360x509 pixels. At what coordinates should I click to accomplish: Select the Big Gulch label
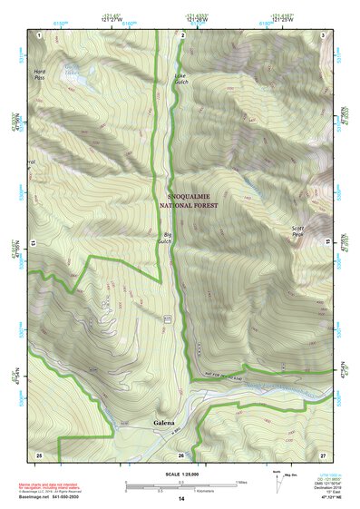tap(164, 239)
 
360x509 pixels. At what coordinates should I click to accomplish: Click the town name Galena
tap(164, 424)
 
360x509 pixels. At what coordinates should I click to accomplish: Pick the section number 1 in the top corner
tap(40, 34)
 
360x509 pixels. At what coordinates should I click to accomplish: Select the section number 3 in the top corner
tap(324, 34)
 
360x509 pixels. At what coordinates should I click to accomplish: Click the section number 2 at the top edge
tap(183, 34)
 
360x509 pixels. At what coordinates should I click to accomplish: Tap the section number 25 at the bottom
tap(39, 453)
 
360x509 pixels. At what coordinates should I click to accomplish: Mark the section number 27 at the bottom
tap(323, 453)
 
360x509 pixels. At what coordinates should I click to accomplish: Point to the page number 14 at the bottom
tap(180, 499)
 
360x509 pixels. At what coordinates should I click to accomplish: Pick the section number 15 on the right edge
tap(325, 243)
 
